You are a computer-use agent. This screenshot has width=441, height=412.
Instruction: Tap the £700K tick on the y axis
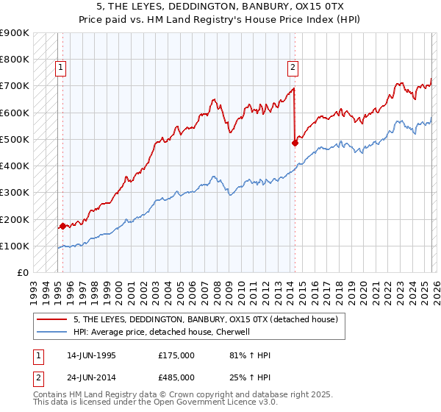15,86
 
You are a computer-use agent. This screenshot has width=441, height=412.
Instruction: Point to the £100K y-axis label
15,246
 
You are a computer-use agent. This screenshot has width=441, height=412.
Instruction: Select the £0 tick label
22,272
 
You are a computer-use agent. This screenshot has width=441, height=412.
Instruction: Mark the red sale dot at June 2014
295,143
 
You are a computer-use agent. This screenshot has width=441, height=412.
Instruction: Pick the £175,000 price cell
176,355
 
